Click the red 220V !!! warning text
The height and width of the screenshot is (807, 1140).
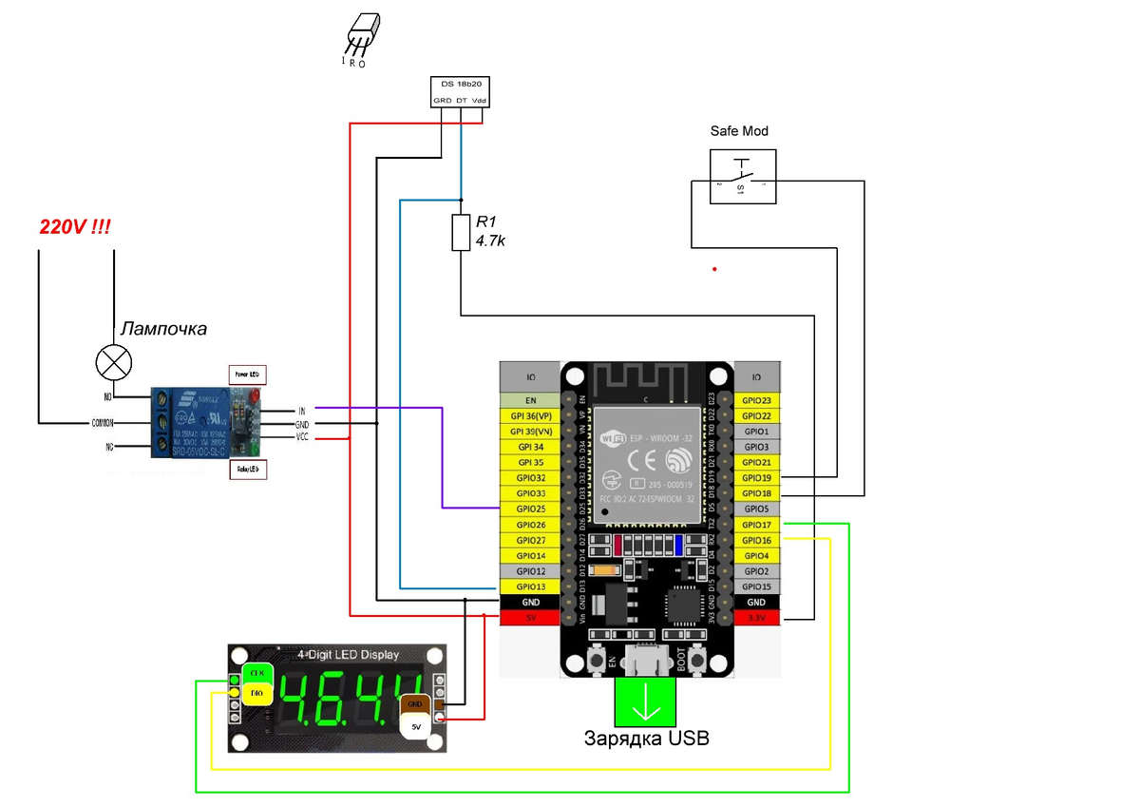(74, 228)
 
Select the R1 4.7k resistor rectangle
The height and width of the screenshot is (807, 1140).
(461, 233)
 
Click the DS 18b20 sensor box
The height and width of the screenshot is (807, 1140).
(461, 91)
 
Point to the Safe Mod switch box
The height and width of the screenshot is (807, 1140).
(742, 177)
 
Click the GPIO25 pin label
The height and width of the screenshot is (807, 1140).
(530, 509)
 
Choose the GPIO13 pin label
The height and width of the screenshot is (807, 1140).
(530, 586)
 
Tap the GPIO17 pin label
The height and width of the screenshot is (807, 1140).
(756, 525)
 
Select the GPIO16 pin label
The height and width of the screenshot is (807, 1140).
(756, 540)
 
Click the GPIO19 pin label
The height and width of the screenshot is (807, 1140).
(756, 478)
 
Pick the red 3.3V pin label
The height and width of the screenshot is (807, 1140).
(756, 618)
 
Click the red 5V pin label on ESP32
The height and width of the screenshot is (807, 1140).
(530, 618)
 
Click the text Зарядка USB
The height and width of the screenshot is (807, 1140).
(646, 739)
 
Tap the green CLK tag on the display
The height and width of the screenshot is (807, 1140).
(256, 673)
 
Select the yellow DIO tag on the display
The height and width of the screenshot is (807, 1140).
(255, 694)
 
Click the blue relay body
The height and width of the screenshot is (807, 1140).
(190, 421)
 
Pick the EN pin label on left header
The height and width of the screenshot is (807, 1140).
(530, 400)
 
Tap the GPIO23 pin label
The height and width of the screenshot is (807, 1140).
(756, 400)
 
